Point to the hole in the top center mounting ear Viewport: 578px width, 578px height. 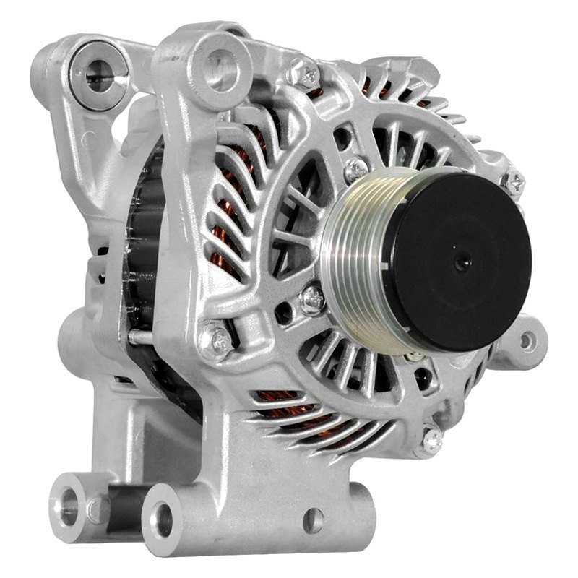click(x=216, y=63)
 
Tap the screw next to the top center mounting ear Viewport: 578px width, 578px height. click(x=301, y=72)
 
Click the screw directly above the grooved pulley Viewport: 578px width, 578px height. click(x=355, y=171)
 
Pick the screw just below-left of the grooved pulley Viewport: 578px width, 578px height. click(x=313, y=296)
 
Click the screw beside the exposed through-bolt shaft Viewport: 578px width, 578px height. click(x=215, y=339)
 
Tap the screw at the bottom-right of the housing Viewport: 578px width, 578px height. click(x=432, y=437)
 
